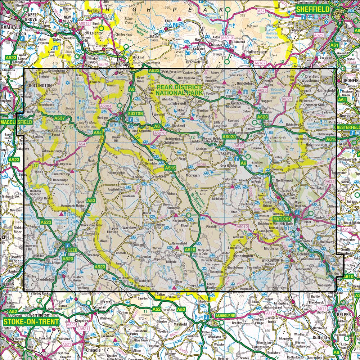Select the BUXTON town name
135,113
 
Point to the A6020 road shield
229,137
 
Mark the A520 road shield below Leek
68,258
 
